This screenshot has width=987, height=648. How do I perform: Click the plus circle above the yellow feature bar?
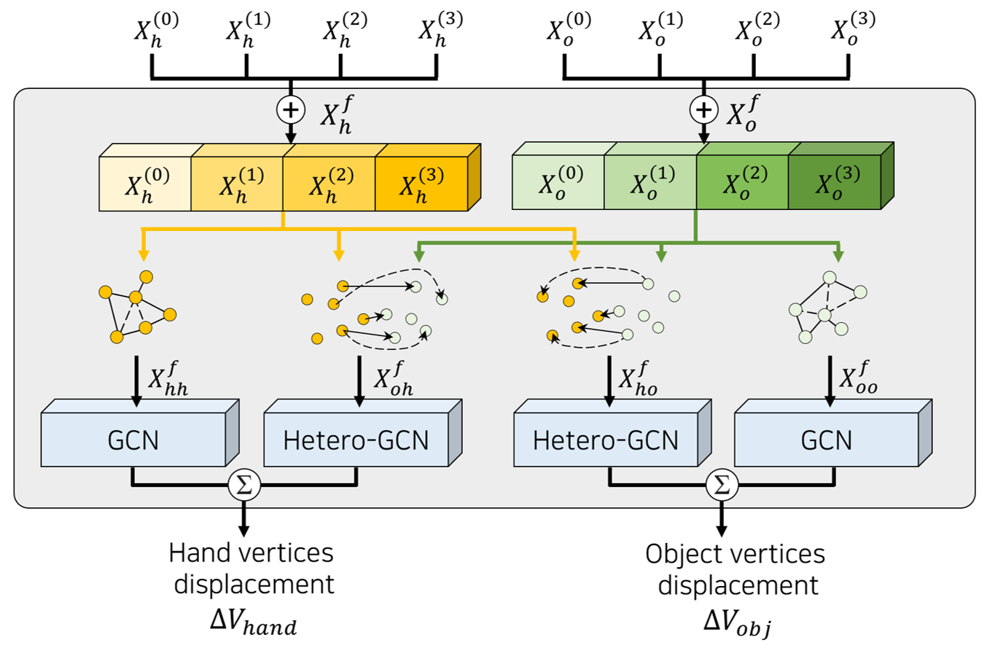tap(290, 111)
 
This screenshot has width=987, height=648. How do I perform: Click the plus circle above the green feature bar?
tap(703, 111)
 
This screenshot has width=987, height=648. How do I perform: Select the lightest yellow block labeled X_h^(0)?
tap(145, 185)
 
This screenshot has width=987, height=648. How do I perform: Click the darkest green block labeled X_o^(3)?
tap(836, 184)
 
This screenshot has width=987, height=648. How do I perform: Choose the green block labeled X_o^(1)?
tap(651, 184)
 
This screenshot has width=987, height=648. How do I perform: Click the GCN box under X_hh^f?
tap(135, 440)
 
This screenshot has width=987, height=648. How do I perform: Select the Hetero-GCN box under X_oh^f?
tap(355, 440)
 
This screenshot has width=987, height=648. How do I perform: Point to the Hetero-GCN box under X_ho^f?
tap(606, 440)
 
